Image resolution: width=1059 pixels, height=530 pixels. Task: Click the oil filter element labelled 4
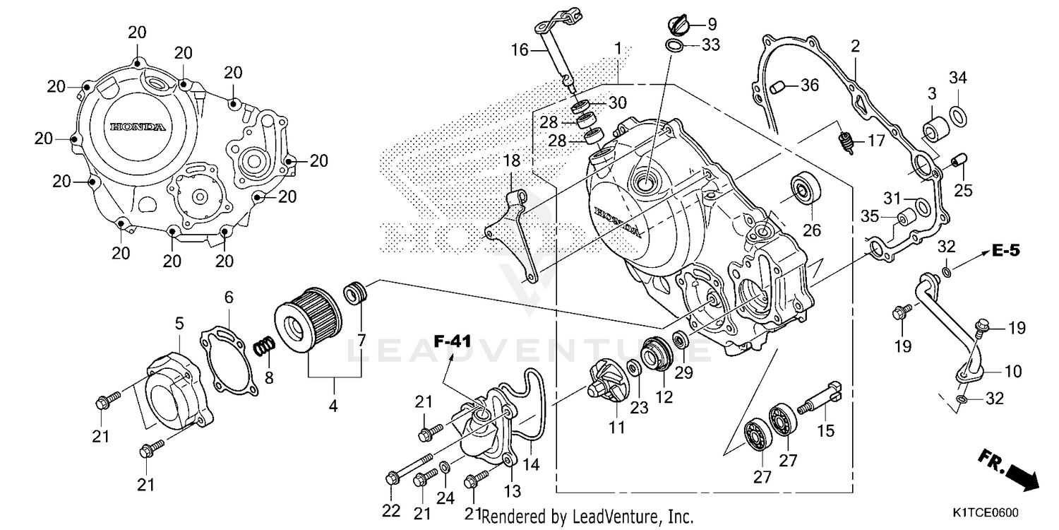pyautogui.click(x=307, y=326)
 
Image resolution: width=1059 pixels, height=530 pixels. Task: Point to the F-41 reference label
pyautogui.click(x=452, y=342)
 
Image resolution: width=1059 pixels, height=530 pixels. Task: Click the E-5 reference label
pyautogui.click(x=1005, y=250)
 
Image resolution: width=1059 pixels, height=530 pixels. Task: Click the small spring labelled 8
pyautogui.click(x=265, y=347)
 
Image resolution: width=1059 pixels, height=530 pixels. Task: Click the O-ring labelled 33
pyautogui.click(x=674, y=47)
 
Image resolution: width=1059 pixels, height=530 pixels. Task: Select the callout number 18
pyautogui.click(x=511, y=161)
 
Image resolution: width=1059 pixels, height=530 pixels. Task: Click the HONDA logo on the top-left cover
pyautogui.click(x=138, y=127)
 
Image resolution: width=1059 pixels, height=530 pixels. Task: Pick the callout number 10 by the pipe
pyautogui.click(x=1012, y=371)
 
